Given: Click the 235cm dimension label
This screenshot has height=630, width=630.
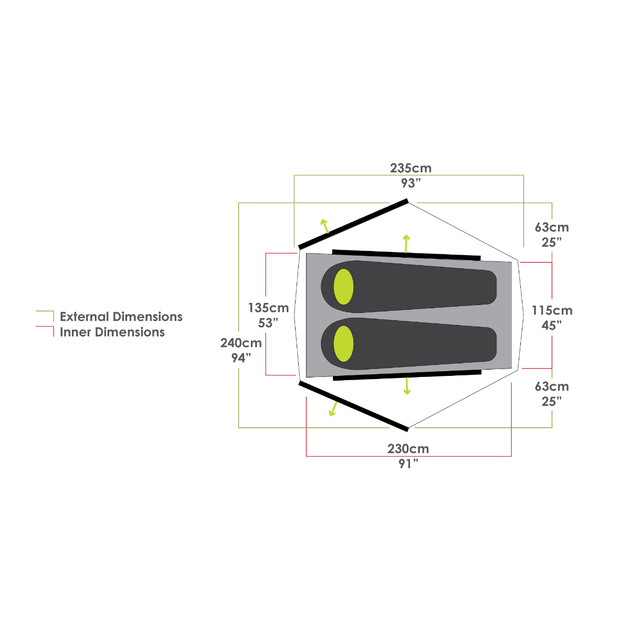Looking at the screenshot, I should point(411,169).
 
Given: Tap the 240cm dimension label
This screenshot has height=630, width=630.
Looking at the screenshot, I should point(241,343).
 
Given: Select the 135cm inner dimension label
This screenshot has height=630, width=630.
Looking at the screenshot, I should point(268,308).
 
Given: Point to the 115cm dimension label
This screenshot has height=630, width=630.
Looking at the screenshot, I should point(552,310).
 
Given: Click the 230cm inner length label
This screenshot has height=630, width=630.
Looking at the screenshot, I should point(408,449).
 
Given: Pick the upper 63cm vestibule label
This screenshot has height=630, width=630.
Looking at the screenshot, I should point(552,228).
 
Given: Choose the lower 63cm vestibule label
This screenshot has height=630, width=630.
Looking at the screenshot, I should point(552,387).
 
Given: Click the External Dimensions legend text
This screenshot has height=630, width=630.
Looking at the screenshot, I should point(121,317).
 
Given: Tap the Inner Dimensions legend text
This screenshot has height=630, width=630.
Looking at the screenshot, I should point(112,332).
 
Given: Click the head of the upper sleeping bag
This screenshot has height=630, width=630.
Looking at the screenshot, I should point(344,287).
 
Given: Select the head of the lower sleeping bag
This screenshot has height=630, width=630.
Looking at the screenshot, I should point(344,344).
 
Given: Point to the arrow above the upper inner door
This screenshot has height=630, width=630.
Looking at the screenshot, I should point(406,243).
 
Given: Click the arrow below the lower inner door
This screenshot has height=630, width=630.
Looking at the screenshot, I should point(407,386).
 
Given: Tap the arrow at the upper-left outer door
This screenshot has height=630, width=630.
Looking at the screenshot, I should point(325,226).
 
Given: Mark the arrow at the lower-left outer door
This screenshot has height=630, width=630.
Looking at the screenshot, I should point(333,408).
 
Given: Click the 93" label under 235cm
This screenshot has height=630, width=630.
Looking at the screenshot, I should point(411,183).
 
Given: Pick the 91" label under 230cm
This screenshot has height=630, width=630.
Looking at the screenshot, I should point(408,464).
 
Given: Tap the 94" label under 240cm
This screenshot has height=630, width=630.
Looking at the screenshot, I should point(241,358).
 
